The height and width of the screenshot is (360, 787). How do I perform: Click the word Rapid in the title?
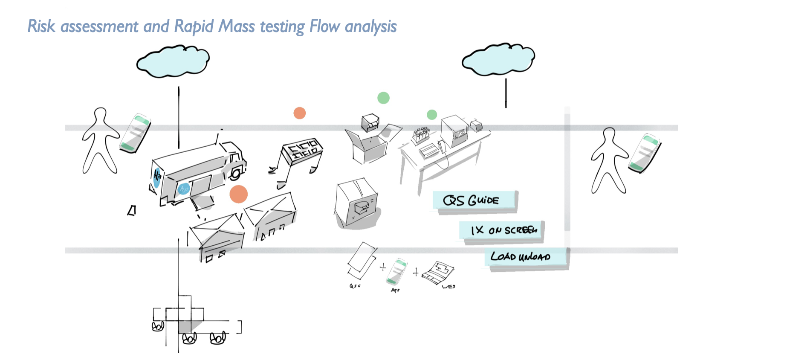(x=194, y=26)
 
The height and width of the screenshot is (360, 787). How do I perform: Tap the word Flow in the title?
(x=324, y=26)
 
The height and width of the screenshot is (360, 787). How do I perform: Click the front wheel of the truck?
(x=236, y=173)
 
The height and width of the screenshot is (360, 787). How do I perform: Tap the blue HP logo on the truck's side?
(x=184, y=188)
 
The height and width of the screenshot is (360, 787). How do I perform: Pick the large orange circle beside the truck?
(x=238, y=194)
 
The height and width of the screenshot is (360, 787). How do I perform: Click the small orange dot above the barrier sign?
(x=300, y=113)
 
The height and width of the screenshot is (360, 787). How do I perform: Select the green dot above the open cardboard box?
(x=383, y=98)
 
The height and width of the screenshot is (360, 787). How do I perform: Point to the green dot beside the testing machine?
(x=432, y=114)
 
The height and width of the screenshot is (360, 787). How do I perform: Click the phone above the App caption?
(x=396, y=271)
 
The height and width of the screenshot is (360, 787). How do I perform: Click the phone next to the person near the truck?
(x=136, y=133)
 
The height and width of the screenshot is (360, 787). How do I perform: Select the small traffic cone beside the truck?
(x=132, y=210)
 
